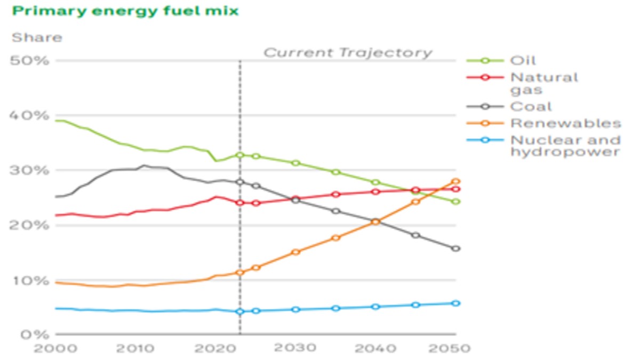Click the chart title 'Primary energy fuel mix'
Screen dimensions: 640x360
point(125,11)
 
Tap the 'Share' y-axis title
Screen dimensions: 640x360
point(37,37)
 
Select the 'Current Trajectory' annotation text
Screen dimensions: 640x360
point(348,53)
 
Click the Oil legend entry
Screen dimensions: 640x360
point(501,61)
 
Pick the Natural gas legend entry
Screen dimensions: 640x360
point(522,83)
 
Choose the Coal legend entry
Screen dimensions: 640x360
point(509,107)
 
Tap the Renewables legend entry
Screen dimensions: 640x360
point(543,123)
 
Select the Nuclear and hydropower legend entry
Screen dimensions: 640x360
point(543,146)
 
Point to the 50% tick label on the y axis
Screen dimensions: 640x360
point(29,61)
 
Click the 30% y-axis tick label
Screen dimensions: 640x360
point(29,171)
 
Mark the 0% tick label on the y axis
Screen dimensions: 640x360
point(35,334)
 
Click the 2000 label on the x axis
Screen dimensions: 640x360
point(55,348)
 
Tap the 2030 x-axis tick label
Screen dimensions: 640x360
point(295,348)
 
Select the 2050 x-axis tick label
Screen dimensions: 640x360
point(450,348)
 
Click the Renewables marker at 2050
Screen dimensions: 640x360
point(456,181)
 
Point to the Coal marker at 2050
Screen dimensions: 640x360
point(456,249)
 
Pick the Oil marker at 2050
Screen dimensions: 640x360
point(456,202)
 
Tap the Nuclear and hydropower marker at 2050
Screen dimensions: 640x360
point(456,303)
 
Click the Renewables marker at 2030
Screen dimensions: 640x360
point(296,252)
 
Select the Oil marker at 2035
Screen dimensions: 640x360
point(336,172)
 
